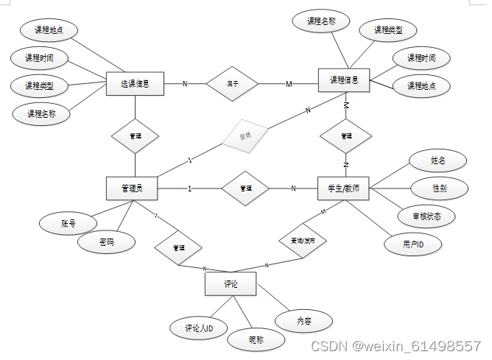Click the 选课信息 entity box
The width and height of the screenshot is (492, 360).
(x=135, y=83)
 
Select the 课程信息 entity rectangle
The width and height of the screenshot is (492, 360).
(x=344, y=80)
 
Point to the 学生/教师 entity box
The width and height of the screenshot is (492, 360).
(x=343, y=188)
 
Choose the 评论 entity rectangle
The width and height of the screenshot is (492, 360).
(x=231, y=283)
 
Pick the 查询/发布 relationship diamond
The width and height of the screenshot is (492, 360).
(x=302, y=241)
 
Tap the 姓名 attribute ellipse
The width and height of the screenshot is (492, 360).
(x=437, y=159)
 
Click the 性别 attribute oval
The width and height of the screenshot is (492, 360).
(x=438, y=188)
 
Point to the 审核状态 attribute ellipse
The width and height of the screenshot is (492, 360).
(x=425, y=216)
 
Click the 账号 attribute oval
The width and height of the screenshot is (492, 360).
(x=68, y=222)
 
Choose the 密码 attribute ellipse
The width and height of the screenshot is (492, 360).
(x=107, y=241)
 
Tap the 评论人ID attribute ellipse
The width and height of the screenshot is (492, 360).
(x=199, y=329)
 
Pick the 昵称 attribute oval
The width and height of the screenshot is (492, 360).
(x=256, y=339)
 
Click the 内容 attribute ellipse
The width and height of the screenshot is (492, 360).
(x=303, y=321)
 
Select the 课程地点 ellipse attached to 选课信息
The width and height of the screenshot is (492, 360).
(x=48, y=30)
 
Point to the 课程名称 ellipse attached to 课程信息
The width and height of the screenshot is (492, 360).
(x=321, y=21)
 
